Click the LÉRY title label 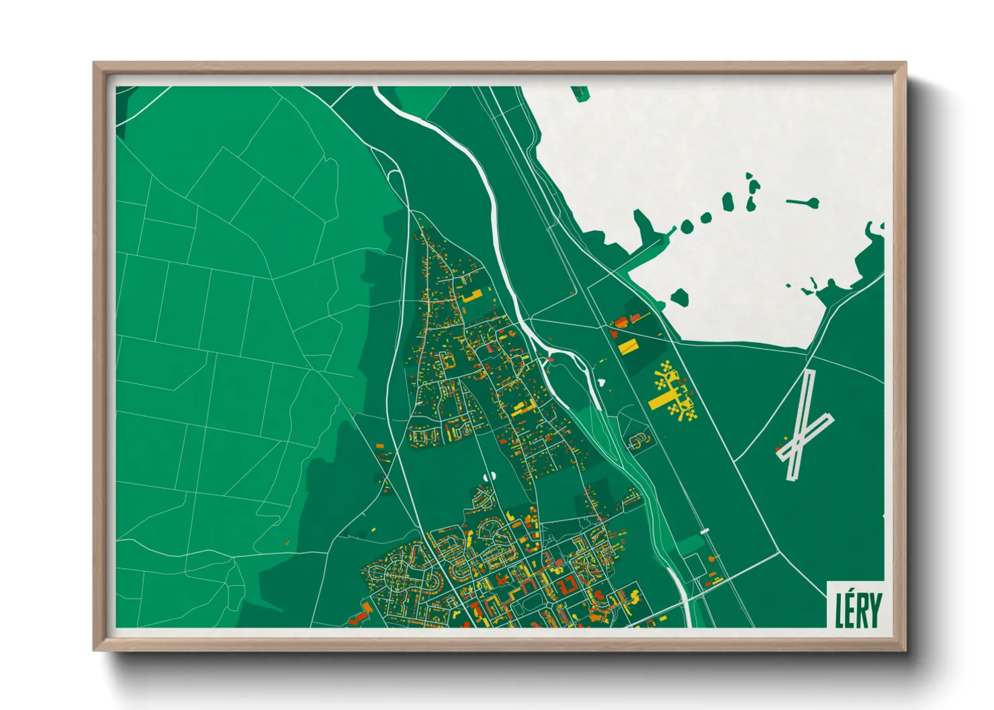pos(858,609)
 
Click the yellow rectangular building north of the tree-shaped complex pos(628,346)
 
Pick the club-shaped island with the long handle pos(805,202)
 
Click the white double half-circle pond pos(489,475)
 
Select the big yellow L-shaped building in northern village pos(472,296)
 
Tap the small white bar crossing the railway pos(704,531)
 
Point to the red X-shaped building pos(570,585)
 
